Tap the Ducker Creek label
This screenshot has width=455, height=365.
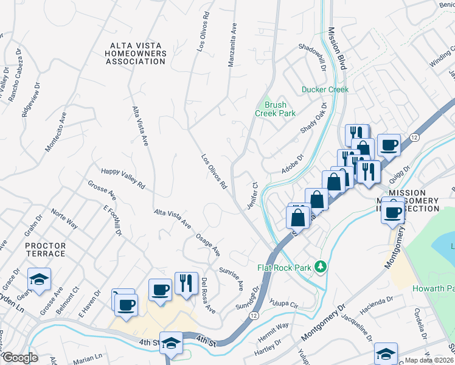(x=325, y=89)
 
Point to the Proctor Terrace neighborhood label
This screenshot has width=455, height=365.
(x=46, y=249)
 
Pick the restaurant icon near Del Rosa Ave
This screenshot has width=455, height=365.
(x=184, y=283)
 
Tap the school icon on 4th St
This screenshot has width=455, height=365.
(x=171, y=343)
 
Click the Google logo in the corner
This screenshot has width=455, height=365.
(x=19, y=358)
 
